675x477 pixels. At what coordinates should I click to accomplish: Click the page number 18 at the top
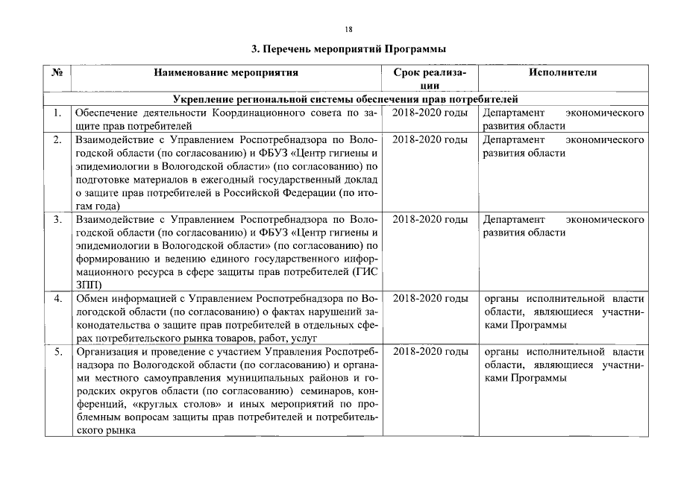click(348, 29)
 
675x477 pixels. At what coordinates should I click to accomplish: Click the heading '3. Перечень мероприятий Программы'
click(348, 49)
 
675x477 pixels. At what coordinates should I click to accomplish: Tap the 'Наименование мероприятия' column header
click(226, 73)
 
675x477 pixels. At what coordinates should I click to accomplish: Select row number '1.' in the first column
click(57, 113)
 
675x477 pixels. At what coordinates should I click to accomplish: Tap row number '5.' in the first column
click(57, 351)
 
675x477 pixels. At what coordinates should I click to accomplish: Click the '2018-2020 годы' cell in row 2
click(430, 140)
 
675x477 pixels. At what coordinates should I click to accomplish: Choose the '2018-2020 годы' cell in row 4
click(430, 299)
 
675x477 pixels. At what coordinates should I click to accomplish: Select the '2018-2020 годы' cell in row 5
click(430, 351)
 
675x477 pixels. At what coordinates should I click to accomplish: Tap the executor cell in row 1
click(562, 119)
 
